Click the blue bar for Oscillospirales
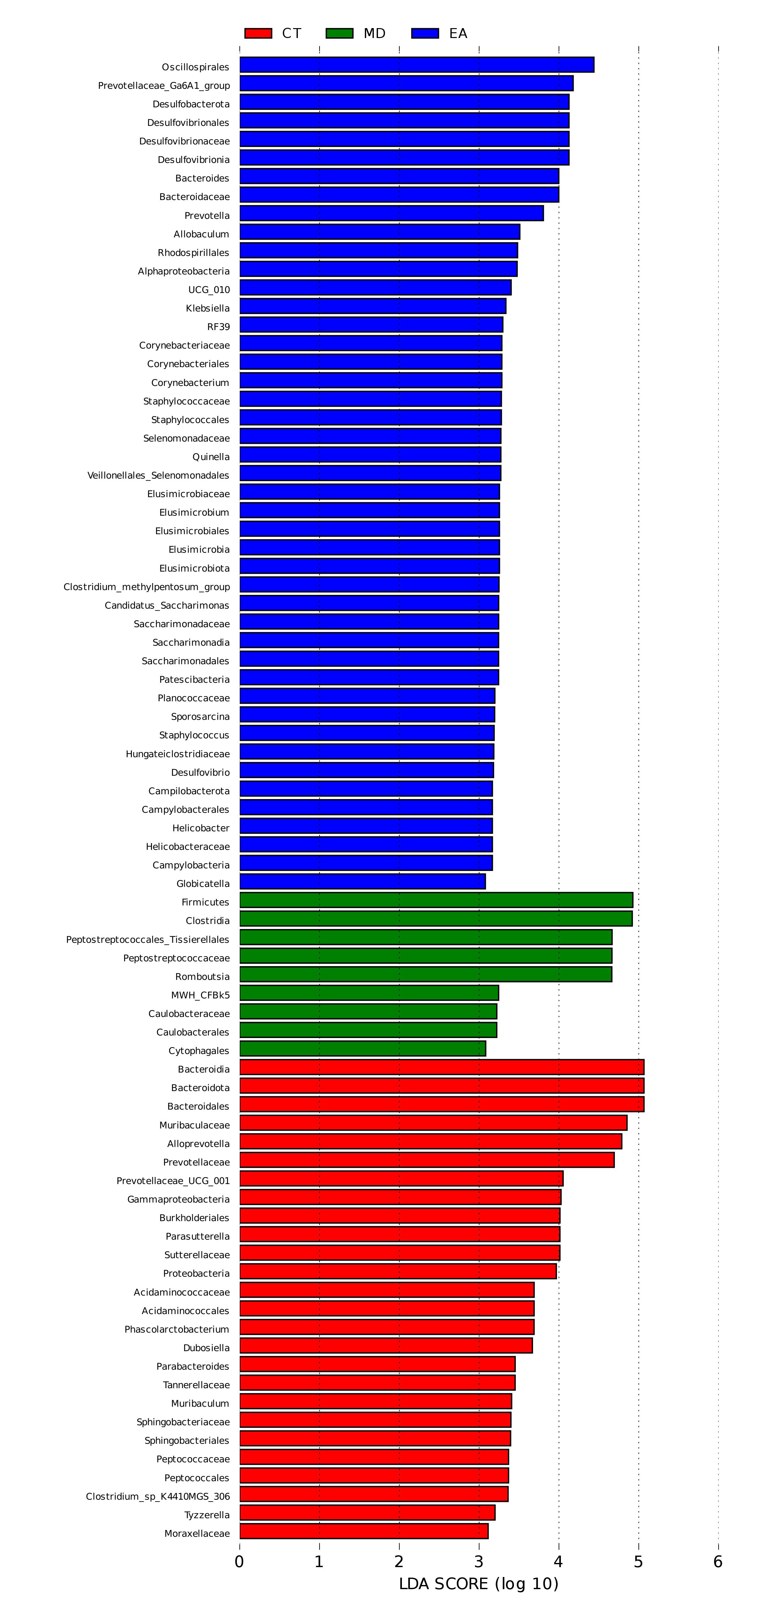417,65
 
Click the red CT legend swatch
258,33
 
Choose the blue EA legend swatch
425,33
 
